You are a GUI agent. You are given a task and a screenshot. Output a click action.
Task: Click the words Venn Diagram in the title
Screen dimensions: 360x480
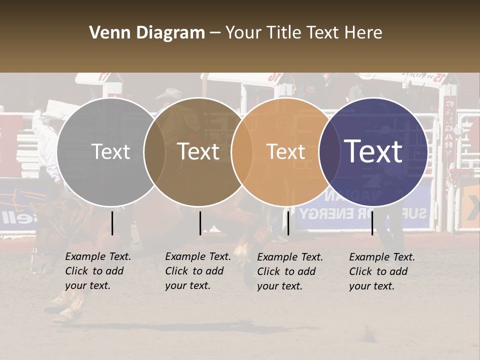tap(147, 33)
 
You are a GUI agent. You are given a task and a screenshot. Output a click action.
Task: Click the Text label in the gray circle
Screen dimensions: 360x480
tap(111, 152)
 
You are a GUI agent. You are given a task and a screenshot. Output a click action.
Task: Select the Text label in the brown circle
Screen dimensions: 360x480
tap(198, 152)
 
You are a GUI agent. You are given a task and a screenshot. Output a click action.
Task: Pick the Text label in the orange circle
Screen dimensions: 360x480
tap(286, 152)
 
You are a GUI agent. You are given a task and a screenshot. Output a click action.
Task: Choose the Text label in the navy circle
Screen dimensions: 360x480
tap(373, 151)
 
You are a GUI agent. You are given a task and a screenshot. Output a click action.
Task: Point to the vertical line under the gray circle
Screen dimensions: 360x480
tap(112, 223)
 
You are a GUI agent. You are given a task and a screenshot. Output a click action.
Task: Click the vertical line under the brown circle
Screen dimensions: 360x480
tap(200, 223)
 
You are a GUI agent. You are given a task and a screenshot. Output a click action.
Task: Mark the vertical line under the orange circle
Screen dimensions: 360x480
tap(288, 223)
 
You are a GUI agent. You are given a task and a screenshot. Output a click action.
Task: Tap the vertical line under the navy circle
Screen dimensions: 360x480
tap(372, 223)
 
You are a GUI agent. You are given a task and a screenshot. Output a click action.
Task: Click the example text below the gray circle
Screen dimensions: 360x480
tap(97, 271)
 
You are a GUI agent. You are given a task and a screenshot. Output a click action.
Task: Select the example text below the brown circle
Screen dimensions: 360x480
tap(197, 271)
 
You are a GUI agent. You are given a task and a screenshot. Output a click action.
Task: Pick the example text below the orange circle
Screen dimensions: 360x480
tap(289, 271)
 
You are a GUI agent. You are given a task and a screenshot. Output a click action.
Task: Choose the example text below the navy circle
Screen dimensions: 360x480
tap(381, 271)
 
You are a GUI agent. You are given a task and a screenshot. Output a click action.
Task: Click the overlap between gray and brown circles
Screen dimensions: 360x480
tap(155, 152)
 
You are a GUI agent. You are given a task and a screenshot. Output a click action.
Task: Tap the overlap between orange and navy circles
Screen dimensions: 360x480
tap(327, 152)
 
